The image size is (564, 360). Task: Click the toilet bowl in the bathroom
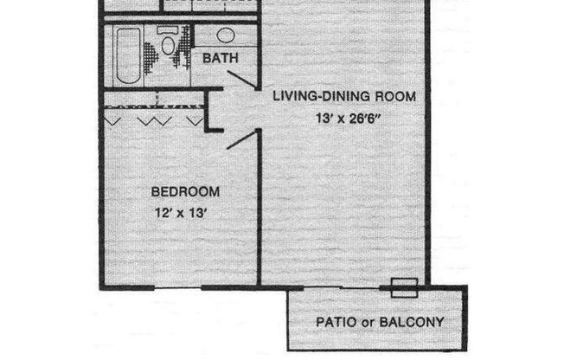(167, 52)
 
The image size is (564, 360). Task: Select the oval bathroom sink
(227, 35)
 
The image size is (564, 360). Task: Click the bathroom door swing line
(241, 80)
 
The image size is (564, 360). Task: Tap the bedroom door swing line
(243, 140)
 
